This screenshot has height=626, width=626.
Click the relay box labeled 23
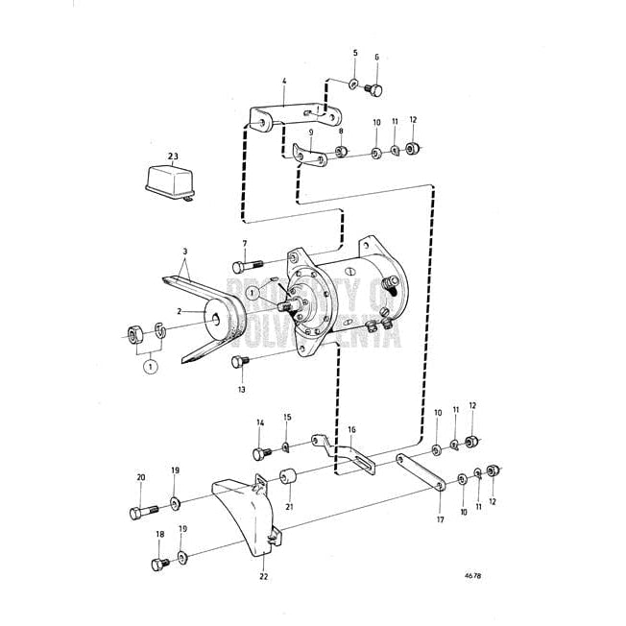coord(170,182)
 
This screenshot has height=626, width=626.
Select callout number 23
coord(173,156)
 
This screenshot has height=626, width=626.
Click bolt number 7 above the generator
coord(244,264)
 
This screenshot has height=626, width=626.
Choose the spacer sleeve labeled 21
coord(286,476)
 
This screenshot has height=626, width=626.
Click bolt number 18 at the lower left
coord(157,564)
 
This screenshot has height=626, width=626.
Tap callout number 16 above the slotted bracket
coord(351,430)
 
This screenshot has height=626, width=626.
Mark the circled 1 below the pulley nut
coord(149,366)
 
